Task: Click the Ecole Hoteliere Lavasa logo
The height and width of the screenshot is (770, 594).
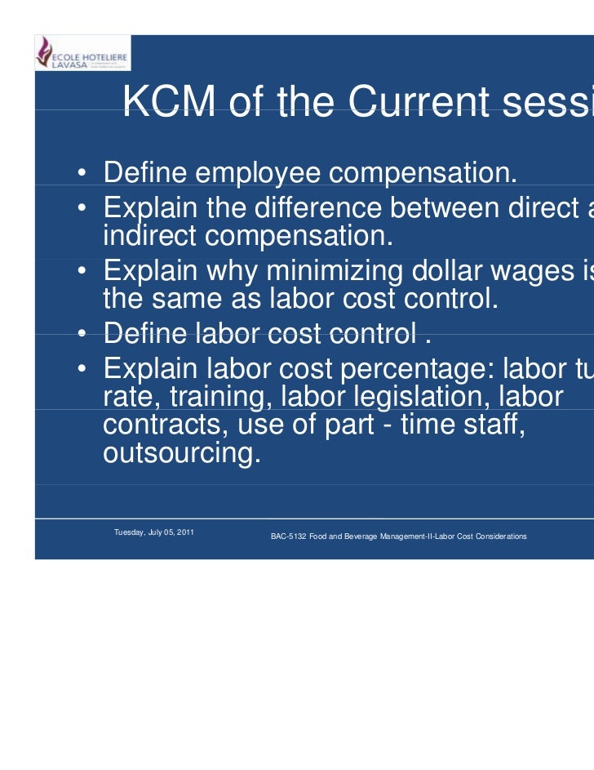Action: pos(82,52)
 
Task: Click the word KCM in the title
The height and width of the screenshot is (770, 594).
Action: pos(168,103)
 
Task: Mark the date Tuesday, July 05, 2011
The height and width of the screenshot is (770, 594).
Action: pos(153,532)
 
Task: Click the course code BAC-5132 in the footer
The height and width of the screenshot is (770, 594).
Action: pos(288,536)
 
